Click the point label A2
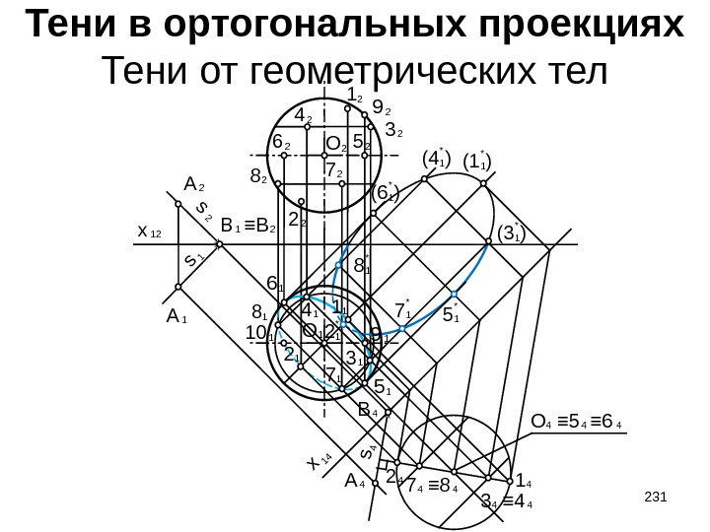[x=193, y=184]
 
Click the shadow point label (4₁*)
[x=435, y=159]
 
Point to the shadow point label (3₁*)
[x=510, y=233]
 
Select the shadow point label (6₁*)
[x=387, y=194]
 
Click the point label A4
[x=355, y=482]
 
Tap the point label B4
[x=369, y=408]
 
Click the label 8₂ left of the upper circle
[x=259, y=178]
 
